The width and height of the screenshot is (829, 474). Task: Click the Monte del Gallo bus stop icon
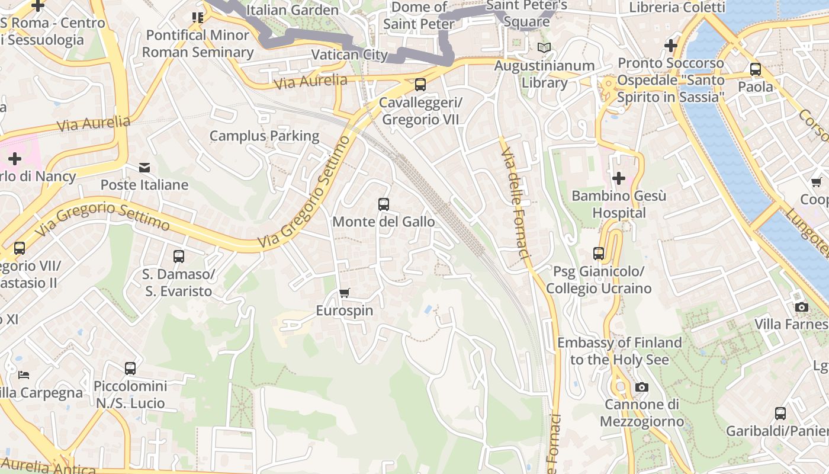pyautogui.click(x=384, y=204)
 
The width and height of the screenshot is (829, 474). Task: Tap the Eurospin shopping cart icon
pyautogui.click(x=344, y=293)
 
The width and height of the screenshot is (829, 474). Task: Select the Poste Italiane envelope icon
pyautogui.click(x=144, y=168)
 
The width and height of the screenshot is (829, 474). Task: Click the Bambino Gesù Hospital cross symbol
pyautogui.click(x=619, y=178)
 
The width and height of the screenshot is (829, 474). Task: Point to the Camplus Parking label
pyautogui.click(x=264, y=136)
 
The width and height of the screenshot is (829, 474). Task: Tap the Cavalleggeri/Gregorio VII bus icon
pyautogui.click(x=420, y=85)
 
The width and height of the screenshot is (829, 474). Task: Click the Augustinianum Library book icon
pyautogui.click(x=544, y=47)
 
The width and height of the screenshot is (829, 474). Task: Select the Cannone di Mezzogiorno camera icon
pyautogui.click(x=641, y=387)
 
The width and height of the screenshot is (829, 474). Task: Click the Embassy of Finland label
pyautogui.click(x=619, y=351)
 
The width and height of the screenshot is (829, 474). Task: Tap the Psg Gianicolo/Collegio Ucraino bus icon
pyautogui.click(x=599, y=254)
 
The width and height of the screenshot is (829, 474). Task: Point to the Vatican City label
pyautogui.click(x=349, y=55)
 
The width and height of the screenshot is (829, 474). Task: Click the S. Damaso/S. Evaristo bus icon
pyautogui.click(x=179, y=257)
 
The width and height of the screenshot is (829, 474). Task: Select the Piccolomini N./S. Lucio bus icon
pyautogui.click(x=130, y=369)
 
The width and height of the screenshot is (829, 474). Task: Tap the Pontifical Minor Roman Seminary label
pyautogui.click(x=198, y=44)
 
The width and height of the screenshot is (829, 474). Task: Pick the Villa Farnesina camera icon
pyautogui.click(x=802, y=307)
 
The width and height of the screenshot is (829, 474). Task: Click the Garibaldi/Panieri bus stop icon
pyautogui.click(x=780, y=414)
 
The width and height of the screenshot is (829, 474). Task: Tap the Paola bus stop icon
pyautogui.click(x=756, y=69)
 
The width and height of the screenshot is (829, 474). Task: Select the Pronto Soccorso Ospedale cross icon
pyautogui.click(x=671, y=46)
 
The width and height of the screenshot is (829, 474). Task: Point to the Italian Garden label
pyautogui.click(x=292, y=10)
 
